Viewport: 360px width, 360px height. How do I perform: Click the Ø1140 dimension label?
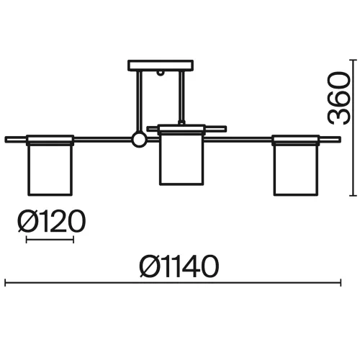point(179,266)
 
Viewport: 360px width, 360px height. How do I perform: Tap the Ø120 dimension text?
point(52,221)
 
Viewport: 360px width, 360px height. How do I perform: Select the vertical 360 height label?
point(339,98)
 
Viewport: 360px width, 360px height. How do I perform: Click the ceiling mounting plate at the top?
point(161,66)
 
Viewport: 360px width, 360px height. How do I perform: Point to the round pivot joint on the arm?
point(139,140)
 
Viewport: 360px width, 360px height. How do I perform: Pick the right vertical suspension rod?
point(181,98)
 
